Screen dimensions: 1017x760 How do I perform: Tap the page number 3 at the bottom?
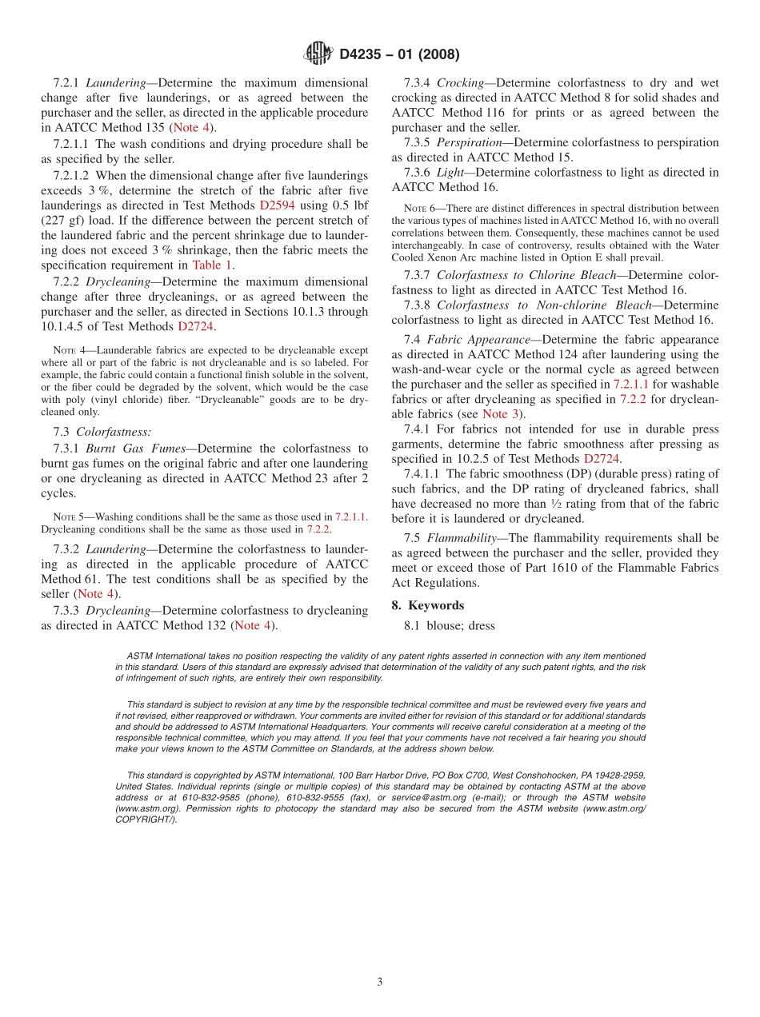(380, 982)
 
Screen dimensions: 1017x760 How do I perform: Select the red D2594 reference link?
(277, 205)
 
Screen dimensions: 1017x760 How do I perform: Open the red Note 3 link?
(501, 413)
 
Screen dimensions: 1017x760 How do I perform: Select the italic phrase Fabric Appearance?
(478, 339)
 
